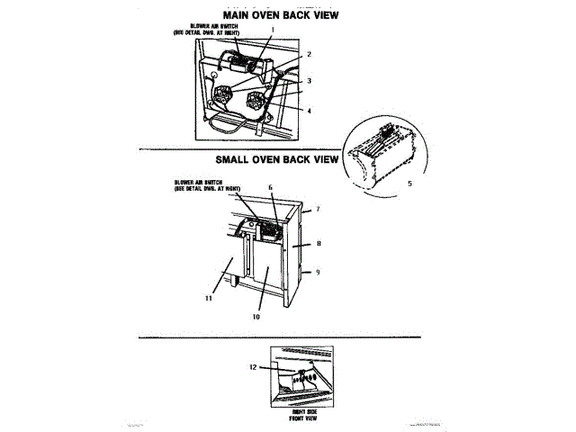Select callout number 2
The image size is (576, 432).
tap(309, 54)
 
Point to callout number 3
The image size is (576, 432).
tap(309, 81)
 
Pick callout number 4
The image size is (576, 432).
tap(309, 111)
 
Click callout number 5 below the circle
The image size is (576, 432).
tap(410, 183)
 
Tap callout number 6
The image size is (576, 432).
tap(269, 188)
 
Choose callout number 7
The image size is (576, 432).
tap(317, 209)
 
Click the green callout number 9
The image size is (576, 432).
tap(317, 271)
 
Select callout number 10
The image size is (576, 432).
tap(256, 316)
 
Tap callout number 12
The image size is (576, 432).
tap(253, 367)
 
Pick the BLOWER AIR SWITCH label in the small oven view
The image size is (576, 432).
tap(208, 185)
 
